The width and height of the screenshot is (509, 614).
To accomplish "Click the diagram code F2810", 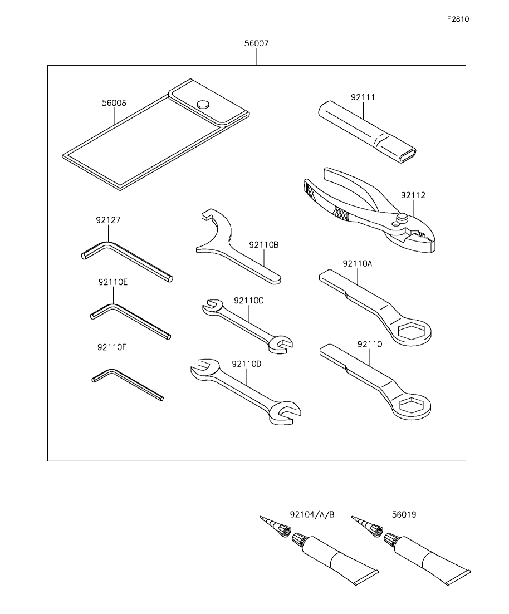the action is (458, 19).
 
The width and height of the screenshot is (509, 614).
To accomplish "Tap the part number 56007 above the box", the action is (257, 43).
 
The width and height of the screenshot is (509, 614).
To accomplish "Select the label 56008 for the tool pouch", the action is (114, 103).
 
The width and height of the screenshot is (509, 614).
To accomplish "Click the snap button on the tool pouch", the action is (203, 104).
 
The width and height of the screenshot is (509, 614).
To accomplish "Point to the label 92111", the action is (363, 97).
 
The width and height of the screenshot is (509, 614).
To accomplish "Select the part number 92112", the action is (413, 195).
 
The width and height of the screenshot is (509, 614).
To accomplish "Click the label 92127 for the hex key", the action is (108, 220).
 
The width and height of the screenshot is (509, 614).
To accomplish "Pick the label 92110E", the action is (113, 282).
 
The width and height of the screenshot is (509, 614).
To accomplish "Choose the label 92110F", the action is (112, 347).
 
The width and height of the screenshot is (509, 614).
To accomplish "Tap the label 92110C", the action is (249, 301).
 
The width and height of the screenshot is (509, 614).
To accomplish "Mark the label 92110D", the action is (247, 364).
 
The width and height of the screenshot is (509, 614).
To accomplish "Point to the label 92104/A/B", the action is (312, 514).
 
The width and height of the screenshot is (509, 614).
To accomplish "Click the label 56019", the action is (404, 514).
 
